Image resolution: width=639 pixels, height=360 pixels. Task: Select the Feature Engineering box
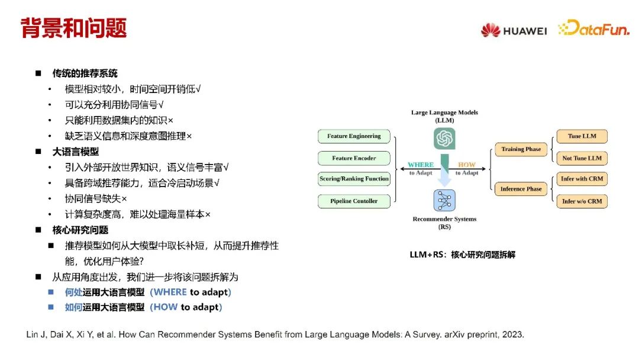354,136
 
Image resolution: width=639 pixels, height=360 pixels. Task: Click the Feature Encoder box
354,158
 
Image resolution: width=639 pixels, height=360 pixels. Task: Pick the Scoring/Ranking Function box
354,179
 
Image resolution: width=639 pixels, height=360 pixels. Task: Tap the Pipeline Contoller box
354,201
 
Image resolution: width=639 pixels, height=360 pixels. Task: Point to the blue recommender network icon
444,200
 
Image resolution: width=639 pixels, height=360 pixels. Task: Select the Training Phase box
521,149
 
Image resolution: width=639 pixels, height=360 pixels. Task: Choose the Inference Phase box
521,189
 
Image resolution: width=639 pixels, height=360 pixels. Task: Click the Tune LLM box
582,136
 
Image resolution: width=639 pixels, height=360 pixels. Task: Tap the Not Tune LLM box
582,158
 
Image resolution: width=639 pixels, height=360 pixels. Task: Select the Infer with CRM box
582,179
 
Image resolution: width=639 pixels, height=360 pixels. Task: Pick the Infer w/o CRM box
582,201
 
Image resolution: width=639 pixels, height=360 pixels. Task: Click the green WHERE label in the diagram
421,165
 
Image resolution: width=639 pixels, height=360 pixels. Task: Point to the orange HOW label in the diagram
466,165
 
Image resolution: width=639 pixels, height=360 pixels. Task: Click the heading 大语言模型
75,152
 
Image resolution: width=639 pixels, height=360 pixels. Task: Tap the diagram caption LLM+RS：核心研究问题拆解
462,255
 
